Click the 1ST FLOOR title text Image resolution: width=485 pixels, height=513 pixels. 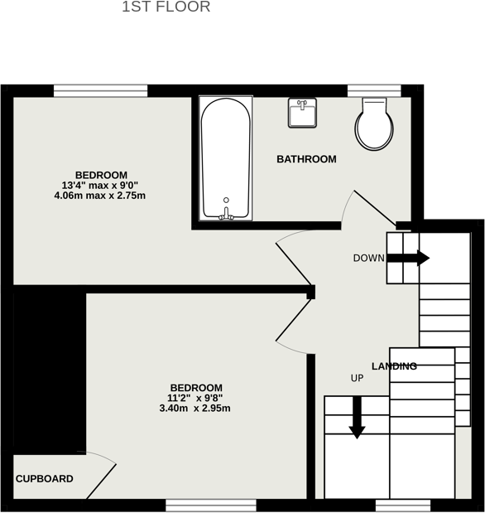pyautogui.click(x=166, y=7)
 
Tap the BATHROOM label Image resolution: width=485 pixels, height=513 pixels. pyautogui.click(x=306, y=159)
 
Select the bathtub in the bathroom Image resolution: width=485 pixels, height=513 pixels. pyautogui.click(x=225, y=157)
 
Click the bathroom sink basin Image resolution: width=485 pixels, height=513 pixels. pyautogui.click(x=304, y=113)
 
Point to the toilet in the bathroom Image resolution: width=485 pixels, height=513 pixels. pyautogui.click(x=372, y=124)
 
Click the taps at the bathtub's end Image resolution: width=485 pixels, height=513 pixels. pyautogui.click(x=227, y=211)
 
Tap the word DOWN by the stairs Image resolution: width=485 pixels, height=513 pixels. pyautogui.click(x=368, y=258)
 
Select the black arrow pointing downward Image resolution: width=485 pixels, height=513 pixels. pyautogui.click(x=357, y=416)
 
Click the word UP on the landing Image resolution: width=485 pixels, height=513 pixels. pyautogui.click(x=358, y=378)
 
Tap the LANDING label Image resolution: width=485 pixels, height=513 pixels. pyautogui.click(x=394, y=366)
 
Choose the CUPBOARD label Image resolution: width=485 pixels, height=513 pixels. pyautogui.click(x=45, y=479)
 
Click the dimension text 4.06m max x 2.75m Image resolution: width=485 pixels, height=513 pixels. pyautogui.click(x=99, y=196)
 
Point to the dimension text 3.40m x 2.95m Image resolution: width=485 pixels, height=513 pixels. pyautogui.click(x=194, y=409)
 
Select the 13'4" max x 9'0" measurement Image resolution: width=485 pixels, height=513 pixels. pyautogui.click(x=100, y=186)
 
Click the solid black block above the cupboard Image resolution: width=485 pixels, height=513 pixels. pyautogui.click(x=49, y=369)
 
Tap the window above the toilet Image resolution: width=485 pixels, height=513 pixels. pyautogui.click(x=374, y=90)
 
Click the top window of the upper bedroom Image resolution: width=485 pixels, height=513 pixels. pyautogui.click(x=101, y=90)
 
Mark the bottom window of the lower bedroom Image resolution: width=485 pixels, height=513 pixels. pyautogui.click(x=210, y=504)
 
